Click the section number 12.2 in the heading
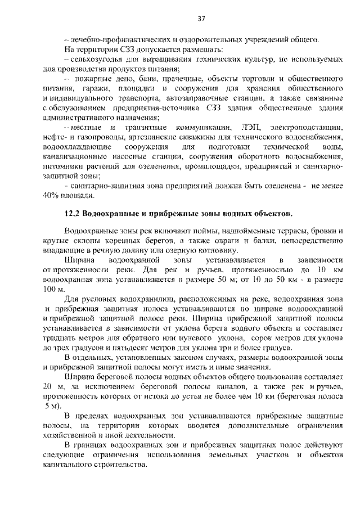point(73,214)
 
